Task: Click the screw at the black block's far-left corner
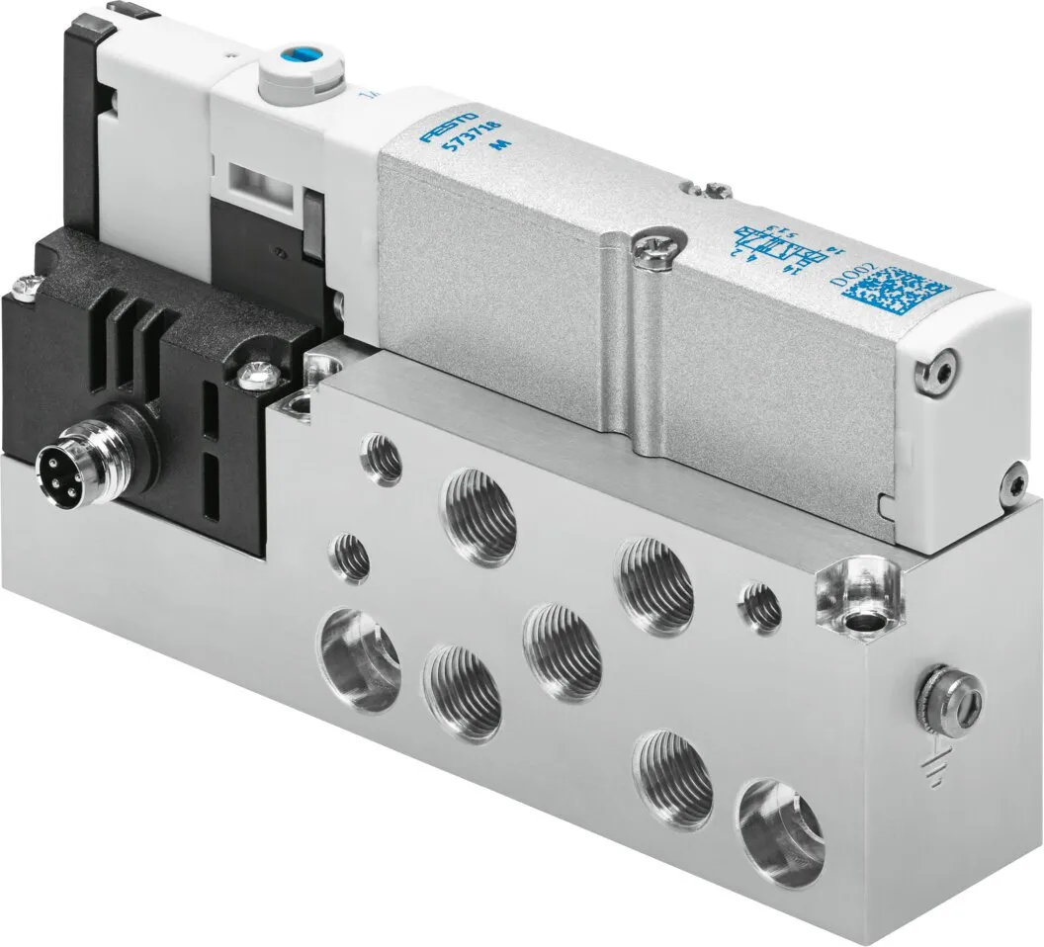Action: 26,289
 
